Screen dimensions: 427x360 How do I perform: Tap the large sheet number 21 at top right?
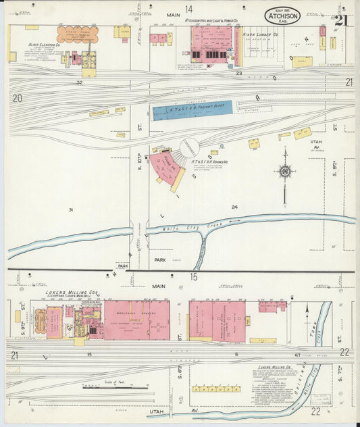click(341, 20)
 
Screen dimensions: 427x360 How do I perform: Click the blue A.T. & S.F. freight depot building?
click(192, 109)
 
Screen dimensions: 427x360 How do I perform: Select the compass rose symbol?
click(285, 172)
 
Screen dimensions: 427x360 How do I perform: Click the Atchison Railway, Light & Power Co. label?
click(197, 21)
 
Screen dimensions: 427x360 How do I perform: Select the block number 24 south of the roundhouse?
click(234, 207)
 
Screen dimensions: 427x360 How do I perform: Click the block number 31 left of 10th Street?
click(70, 210)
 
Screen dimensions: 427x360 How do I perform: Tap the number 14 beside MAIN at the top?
click(189, 9)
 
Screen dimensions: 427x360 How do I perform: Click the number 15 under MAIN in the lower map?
click(193, 276)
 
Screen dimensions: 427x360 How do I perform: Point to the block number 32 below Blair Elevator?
click(79, 82)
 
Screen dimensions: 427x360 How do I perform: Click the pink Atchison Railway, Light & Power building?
click(211, 45)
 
